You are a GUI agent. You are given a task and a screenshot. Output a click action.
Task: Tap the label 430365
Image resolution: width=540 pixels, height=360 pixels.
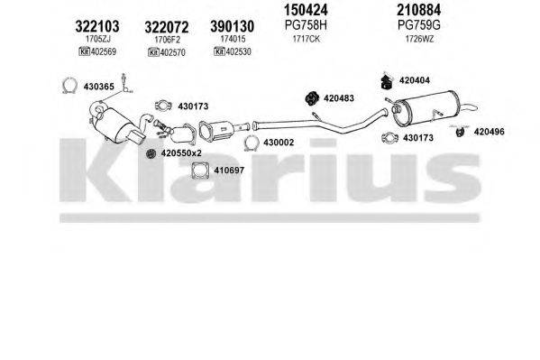(x=100, y=86)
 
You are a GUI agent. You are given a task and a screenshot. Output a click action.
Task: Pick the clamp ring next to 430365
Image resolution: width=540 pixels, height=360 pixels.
(x=66, y=87)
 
